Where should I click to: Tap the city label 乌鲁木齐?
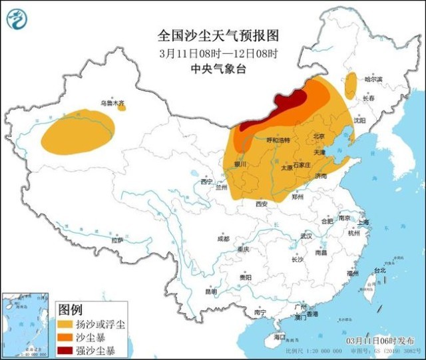[112, 103]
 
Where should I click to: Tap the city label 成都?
[222, 238]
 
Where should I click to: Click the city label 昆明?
[210, 291]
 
